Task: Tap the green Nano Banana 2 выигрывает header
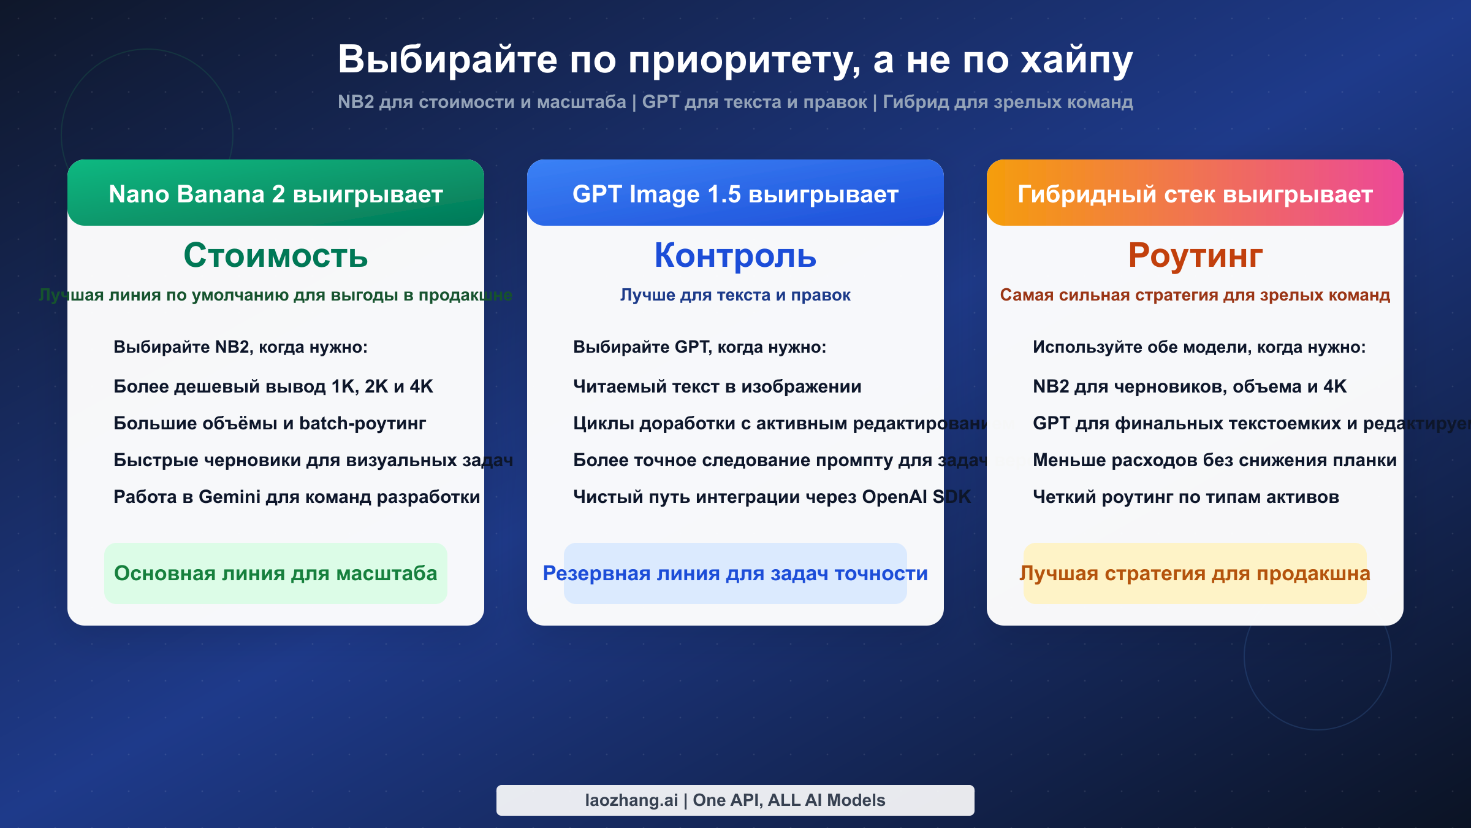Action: tap(276, 194)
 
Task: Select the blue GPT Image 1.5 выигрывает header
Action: tap(735, 194)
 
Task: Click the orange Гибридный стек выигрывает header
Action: tap(1195, 194)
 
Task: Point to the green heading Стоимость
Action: tap(276, 255)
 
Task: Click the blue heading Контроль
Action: tap(735, 255)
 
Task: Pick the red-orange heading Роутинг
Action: tap(1195, 255)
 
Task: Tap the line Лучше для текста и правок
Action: tap(735, 295)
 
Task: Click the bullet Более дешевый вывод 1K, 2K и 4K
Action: tap(273, 386)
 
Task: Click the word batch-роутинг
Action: tap(362, 423)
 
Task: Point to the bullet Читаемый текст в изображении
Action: tap(717, 386)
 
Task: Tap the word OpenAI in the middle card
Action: tap(894, 497)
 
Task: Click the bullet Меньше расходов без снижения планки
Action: tap(1214, 460)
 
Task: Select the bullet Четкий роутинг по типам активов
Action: tap(1185, 497)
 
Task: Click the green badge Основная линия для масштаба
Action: tap(276, 573)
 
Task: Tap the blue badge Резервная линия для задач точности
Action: tap(735, 573)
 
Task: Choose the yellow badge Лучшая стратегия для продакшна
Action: tap(1195, 573)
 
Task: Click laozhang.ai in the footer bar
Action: tap(631, 800)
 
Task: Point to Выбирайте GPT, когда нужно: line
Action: tap(699, 347)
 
